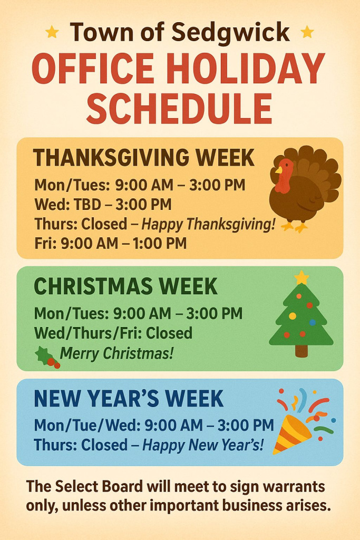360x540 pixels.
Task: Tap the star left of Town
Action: pyautogui.click(x=52, y=32)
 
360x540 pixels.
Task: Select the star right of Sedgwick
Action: pyautogui.click(x=307, y=32)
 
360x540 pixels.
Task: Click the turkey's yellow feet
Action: pyautogui.click(x=294, y=227)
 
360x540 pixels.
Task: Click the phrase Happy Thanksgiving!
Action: pyautogui.click(x=209, y=225)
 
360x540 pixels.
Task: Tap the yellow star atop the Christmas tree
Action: pyautogui.click(x=301, y=277)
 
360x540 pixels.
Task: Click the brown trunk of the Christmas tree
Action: pyautogui.click(x=301, y=351)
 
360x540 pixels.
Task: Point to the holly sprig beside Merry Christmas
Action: pyautogui.click(x=47, y=358)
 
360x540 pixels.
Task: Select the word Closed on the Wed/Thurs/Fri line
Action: pyautogui.click(x=169, y=333)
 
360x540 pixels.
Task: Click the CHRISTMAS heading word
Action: pyautogui.click(x=93, y=286)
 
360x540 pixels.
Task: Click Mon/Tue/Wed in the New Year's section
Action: pyautogui.click(x=87, y=426)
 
